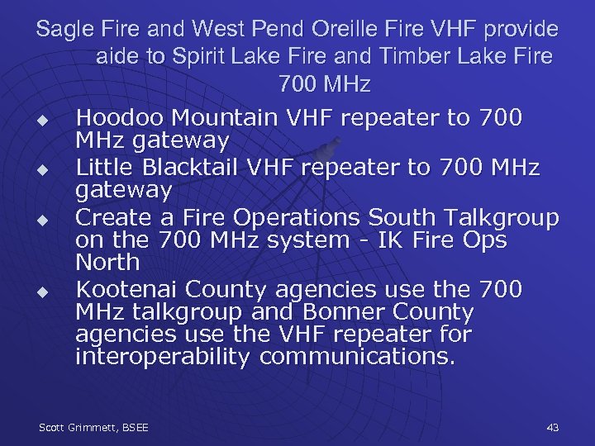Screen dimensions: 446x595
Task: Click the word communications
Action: pos(358,357)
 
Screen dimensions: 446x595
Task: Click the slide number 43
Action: pos(553,428)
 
